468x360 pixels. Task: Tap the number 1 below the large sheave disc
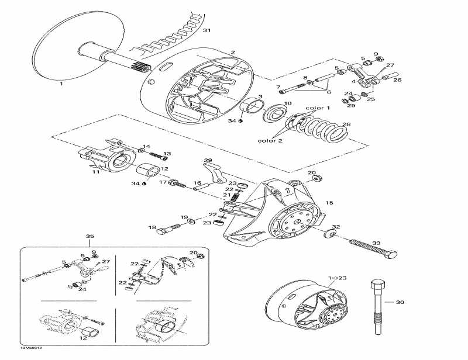pyautogui.click(x=61, y=84)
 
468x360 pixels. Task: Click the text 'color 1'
pyautogui.click(x=318, y=108)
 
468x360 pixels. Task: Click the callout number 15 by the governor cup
pyautogui.click(x=329, y=203)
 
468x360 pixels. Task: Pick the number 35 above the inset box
pyautogui.click(x=90, y=237)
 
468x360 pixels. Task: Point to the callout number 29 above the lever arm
pyautogui.click(x=207, y=161)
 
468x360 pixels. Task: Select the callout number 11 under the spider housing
pyautogui.click(x=96, y=173)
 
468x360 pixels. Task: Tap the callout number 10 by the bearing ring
pyautogui.click(x=287, y=103)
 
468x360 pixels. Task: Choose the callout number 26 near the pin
pyautogui.click(x=397, y=80)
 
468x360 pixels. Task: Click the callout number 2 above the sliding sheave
pyautogui.click(x=232, y=53)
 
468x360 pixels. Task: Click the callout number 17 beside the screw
pyautogui.click(x=164, y=182)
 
